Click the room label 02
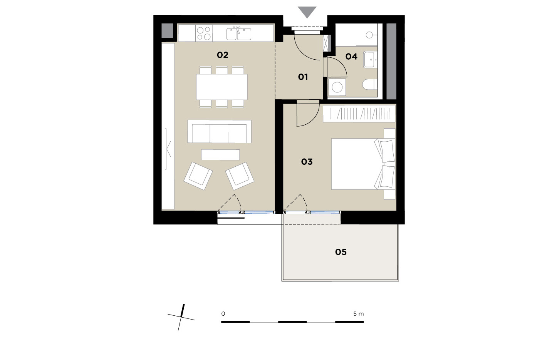coord(223,55)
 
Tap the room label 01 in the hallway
coord(303,77)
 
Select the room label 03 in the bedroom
coord(307,162)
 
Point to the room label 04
coord(351,57)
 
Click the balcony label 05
coord(341,252)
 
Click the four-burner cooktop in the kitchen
coord(204,33)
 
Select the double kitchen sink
coord(238,33)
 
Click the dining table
coord(222,87)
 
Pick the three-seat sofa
coord(219,131)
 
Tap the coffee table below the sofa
coord(220,155)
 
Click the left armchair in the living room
coord(198,176)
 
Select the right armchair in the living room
coord(240,176)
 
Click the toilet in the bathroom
coord(370,84)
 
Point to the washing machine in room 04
coord(337,87)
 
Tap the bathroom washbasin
coord(370,59)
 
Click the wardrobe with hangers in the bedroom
coord(359,114)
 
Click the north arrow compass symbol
coord(181,317)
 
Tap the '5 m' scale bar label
coord(359,314)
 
